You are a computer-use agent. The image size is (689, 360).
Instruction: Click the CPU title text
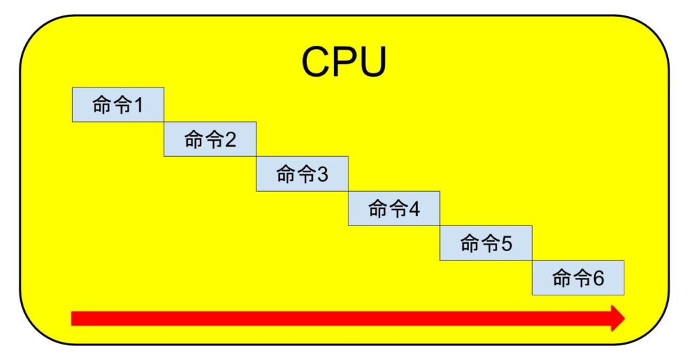tap(344, 62)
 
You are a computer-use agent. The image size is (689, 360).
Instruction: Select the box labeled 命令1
tap(118, 104)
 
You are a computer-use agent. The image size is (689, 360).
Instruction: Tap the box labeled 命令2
tap(210, 139)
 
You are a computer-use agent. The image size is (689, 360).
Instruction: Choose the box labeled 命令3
tap(302, 174)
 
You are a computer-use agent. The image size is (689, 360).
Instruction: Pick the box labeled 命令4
tap(394, 209)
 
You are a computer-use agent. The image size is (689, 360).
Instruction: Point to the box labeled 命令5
tap(486, 243)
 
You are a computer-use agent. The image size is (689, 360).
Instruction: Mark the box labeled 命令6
tap(578, 277)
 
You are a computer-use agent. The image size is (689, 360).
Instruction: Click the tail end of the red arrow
tap(74, 318)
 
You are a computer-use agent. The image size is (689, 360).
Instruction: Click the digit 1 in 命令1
tap(138, 105)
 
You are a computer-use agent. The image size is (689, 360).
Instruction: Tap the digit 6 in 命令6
tap(598, 278)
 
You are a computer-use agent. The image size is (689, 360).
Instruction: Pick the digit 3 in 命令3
tap(322, 175)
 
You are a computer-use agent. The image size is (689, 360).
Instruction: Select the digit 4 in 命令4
tap(414, 209)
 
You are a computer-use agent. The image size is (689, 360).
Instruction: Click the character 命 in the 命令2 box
tap(194, 140)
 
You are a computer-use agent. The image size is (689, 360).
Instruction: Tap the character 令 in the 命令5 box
tap(490, 244)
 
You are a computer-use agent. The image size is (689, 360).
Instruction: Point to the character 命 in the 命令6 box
tap(562, 278)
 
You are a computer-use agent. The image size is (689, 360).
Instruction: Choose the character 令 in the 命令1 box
tap(122, 105)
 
